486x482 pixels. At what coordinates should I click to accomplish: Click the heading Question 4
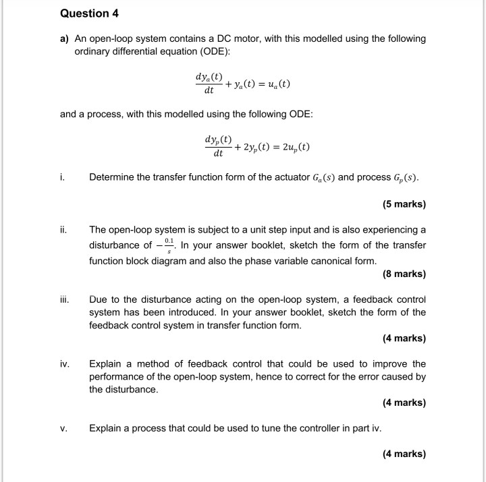click(84, 13)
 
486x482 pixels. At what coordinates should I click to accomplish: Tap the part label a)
click(65, 39)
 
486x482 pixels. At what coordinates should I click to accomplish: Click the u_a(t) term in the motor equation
click(275, 84)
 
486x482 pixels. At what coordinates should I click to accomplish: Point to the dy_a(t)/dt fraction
click(209, 84)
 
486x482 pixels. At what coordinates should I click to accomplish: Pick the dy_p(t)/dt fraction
click(218, 147)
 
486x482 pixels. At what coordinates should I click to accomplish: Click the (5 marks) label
click(404, 204)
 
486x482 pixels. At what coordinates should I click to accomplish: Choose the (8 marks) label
click(404, 274)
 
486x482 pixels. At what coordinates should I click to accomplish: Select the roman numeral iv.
click(63, 364)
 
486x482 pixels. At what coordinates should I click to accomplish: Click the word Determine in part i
click(113, 178)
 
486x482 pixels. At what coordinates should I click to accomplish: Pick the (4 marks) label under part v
click(404, 454)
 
